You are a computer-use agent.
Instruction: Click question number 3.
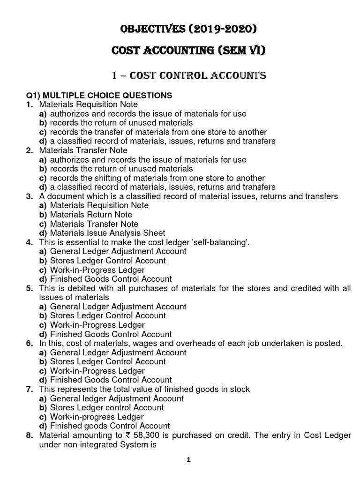(x=29, y=196)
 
